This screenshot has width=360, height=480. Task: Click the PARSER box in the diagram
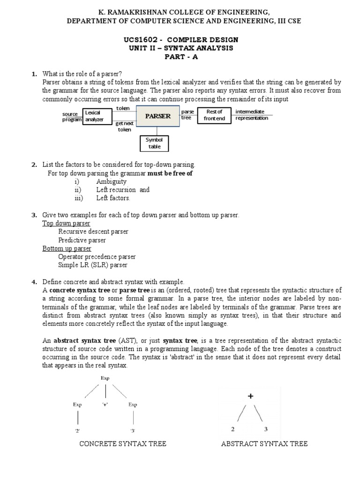point(157,116)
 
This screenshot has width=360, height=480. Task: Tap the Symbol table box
point(154,143)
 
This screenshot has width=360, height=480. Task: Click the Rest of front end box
point(214,115)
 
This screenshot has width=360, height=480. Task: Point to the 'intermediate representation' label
point(252,115)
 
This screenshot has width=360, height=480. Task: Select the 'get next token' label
point(124,127)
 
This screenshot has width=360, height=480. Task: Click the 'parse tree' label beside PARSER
point(187,115)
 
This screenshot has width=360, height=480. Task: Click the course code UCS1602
point(139,39)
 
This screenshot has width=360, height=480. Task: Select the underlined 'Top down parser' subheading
point(66,223)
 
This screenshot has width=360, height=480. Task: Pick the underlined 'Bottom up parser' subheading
point(67,248)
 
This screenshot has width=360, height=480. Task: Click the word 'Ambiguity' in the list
point(112,181)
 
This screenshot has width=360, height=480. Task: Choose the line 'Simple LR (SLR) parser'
point(92,265)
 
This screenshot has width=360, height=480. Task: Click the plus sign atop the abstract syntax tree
point(250,396)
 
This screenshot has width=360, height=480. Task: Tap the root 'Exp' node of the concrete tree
point(105,378)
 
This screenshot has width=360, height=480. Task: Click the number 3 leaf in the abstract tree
point(266,429)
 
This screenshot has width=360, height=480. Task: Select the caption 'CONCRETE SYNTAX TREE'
point(122,443)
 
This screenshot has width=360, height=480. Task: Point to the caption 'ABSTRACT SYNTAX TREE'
point(264,443)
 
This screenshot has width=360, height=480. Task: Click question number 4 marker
point(34,282)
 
